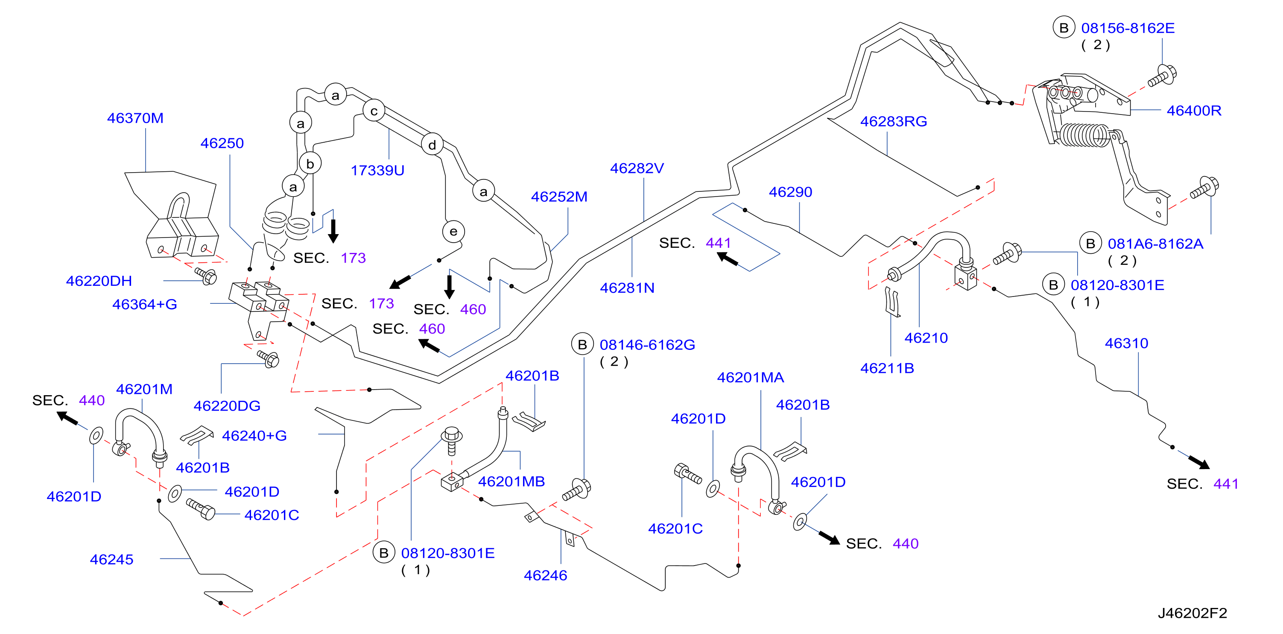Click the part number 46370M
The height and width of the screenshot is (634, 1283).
(x=135, y=118)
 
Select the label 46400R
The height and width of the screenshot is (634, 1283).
(x=1194, y=111)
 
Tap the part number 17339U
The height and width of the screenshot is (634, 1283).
(x=377, y=170)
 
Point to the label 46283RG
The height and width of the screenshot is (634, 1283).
(x=894, y=122)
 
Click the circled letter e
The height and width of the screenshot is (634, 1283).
(x=453, y=231)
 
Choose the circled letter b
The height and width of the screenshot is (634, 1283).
(x=310, y=164)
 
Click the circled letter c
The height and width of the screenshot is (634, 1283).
(x=374, y=111)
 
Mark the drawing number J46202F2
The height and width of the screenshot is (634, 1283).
(x=1192, y=613)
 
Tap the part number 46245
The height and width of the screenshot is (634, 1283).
(x=111, y=559)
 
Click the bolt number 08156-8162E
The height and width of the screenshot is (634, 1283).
(x=1128, y=28)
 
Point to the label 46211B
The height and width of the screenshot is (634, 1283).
(x=887, y=368)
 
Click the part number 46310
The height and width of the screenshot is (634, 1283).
(x=1127, y=343)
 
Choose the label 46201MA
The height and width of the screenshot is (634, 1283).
(x=751, y=378)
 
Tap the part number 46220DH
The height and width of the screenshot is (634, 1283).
(x=99, y=281)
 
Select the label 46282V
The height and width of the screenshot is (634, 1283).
(x=637, y=168)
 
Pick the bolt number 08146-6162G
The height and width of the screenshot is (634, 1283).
(x=647, y=345)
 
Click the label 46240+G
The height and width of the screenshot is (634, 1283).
(x=254, y=436)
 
